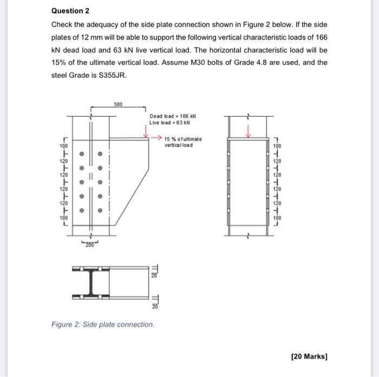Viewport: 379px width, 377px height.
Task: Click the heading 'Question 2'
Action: [x=70, y=11]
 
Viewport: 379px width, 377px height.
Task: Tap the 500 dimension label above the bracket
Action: [x=118, y=103]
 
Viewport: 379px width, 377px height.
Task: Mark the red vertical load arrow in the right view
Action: [x=248, y=131]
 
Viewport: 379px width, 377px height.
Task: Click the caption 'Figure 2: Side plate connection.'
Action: [x=102, y=325]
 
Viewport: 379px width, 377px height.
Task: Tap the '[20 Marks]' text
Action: [x=309, y=356]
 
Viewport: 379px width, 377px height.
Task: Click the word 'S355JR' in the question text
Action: [x=110, y=75]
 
